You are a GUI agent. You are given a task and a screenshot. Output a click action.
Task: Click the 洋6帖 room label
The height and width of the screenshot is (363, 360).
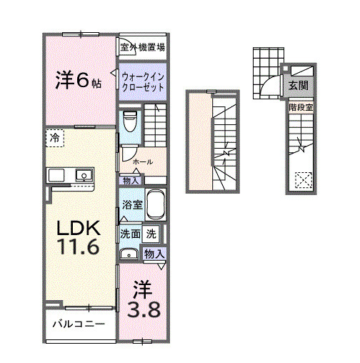pyautogui.click(x=79, y=80)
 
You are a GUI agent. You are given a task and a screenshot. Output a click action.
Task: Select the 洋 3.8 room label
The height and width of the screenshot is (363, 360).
pyautogui.click(x=143, y=300)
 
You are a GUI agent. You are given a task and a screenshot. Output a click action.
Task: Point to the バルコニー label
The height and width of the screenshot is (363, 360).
pyautogui.click(x=79, y=324)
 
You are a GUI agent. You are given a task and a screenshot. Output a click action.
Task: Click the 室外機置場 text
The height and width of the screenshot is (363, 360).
pyautogui.click(x=143, y=48)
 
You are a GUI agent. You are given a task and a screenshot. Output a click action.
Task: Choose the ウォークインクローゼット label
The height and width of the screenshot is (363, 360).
pyautogui.click(x=143, y=80)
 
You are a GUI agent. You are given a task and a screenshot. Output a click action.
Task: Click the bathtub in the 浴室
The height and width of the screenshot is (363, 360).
pyautogui.click(x=156, y=206)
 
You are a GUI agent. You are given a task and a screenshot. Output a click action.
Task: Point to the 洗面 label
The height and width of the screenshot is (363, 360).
pyautogui.click(x=129, y=234)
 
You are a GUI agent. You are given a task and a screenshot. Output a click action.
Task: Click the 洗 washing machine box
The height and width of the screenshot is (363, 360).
pyautogui.click(x=151, y=234)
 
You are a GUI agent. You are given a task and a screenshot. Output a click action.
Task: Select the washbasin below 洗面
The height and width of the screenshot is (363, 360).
pyautogui.click(x=129, y=253)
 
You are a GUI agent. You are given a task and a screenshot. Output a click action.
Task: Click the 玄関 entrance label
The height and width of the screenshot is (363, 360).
pyautogui.click(x=298, y=86)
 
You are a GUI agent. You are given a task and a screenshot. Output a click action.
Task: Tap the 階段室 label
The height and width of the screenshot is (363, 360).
pyautogui.click(x=300, y=107)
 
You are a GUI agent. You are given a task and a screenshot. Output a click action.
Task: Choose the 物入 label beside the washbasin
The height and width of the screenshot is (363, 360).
pyautogui.click(x=154, y=253)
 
